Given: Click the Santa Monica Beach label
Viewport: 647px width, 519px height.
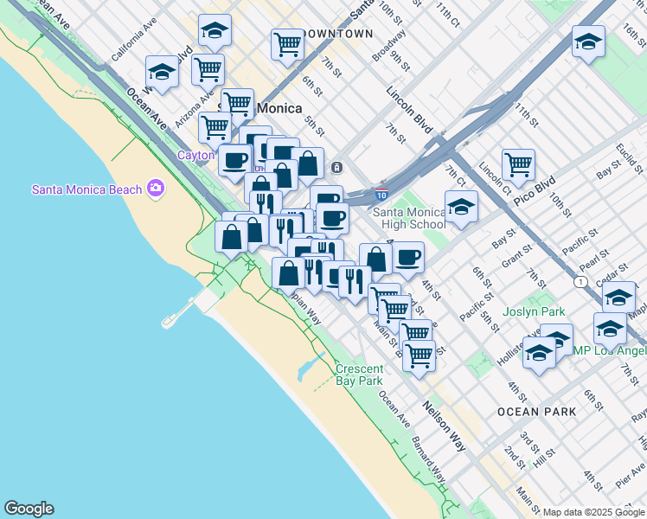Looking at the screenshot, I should point(87,189).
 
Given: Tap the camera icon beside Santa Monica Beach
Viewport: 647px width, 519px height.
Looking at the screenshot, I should point(156,188).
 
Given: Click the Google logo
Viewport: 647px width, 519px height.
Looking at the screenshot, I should point(29,509).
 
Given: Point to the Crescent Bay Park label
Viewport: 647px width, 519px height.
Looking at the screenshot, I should point(359,375).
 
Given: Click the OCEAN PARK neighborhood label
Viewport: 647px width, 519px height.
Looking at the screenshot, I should point(536,412).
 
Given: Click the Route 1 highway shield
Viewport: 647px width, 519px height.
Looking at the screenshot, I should point(580,282).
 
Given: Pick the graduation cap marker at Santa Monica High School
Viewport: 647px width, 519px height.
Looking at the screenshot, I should point(461,208).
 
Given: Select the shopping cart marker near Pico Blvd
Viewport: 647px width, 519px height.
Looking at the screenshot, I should point(518,163).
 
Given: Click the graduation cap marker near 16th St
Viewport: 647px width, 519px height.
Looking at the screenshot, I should point(588,42).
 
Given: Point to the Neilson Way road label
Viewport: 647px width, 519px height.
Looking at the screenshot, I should point(445,426).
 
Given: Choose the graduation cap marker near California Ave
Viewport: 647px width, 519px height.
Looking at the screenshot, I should point(162,72).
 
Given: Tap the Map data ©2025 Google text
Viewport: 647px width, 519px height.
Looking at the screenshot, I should point(593,511).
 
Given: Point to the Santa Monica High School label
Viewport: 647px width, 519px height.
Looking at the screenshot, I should point(409,219).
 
